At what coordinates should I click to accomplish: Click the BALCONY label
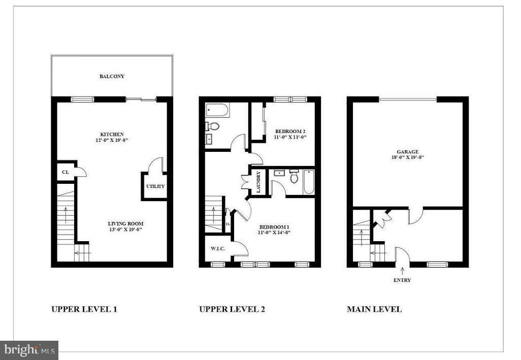pos(112,76)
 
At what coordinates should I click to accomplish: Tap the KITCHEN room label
pos(112,134)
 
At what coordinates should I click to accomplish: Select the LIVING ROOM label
pos(125,223)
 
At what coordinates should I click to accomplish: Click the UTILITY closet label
pos(155,186)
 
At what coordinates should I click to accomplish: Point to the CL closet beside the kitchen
pos(65,172)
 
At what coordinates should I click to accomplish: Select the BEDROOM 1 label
pos(274,226)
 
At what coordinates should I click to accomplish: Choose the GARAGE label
pos(407,151)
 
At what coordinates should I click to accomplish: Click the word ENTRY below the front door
pos(402,280)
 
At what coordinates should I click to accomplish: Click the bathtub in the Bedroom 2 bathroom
pos(217,110)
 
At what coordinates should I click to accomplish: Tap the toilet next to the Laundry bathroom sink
pos(294,178)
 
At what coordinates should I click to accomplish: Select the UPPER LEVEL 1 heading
pos(84,309)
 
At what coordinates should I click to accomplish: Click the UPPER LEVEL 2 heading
pos(232,309)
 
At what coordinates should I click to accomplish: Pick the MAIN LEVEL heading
pos(374,309)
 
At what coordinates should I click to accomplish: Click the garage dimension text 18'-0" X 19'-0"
pos(407,157)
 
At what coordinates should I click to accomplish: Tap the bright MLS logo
pos(29,349)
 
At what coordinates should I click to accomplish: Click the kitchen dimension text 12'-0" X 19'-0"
pos(112,140)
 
